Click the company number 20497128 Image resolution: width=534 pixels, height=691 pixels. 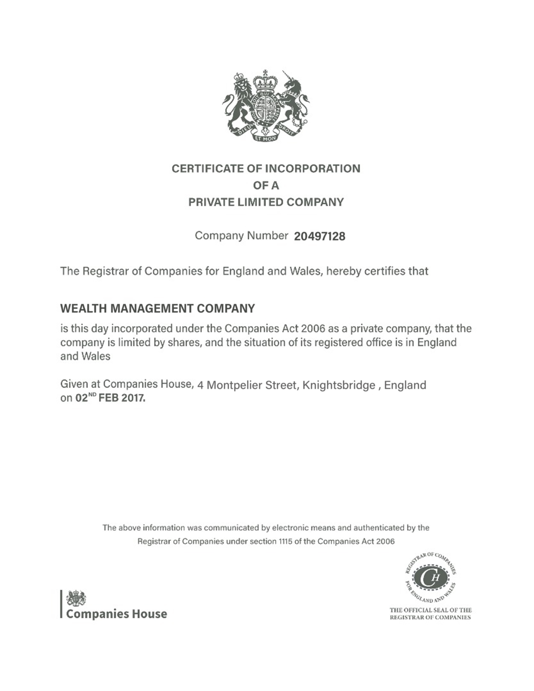[x=319, y=236]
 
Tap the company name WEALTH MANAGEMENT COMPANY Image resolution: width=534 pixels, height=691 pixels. [x=157, y=308]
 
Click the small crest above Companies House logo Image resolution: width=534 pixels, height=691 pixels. [x=76, y=598]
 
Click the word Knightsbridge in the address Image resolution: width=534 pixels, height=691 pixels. [x=339, y=385]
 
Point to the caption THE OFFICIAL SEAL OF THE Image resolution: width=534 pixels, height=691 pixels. [x=430, y=610]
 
